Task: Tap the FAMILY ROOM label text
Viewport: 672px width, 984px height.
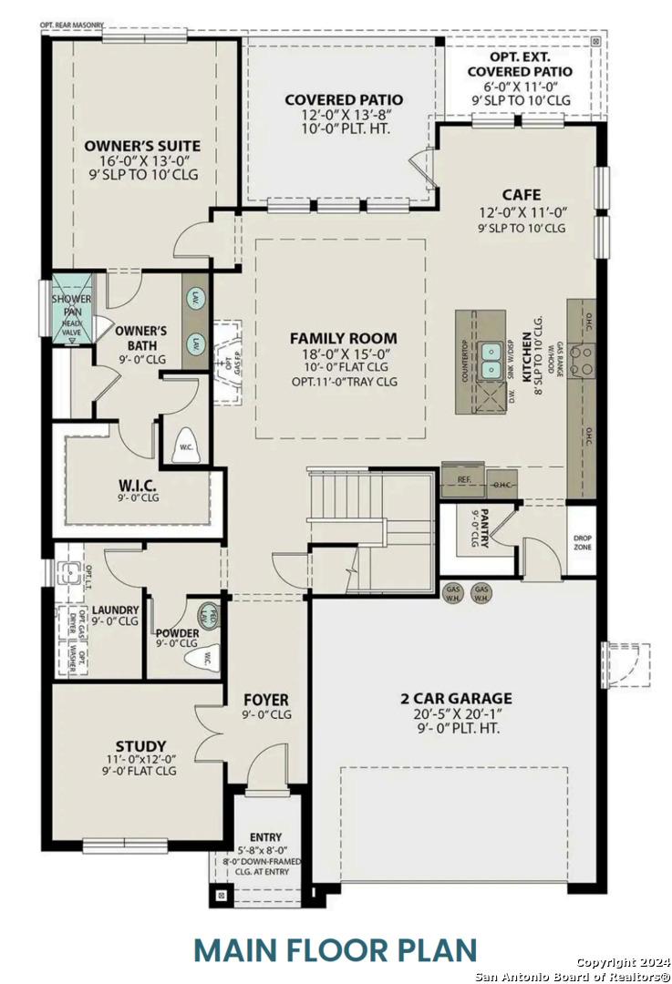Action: pyautogui.click(x=343, y=338)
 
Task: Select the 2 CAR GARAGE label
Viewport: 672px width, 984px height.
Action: pyautogui.click(x=456, y=699)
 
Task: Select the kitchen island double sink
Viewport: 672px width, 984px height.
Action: pyautogui.click(x=491, y=351)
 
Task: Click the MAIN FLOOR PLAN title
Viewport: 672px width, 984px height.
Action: pyautogui.click(x=336, y=948)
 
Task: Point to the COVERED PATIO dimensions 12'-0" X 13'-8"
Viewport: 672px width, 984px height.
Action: pyautogui.click(x=343, y=116)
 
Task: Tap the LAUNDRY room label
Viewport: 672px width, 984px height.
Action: pyautogui.click(x=116, y=610)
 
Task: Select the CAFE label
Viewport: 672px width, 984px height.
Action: pyautogui.click(x=521, y=195)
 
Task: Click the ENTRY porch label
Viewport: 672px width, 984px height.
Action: pyautogui.click(x=265, y=836)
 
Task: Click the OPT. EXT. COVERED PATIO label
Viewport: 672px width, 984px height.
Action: pyautogui.click(x=520, y=64)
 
